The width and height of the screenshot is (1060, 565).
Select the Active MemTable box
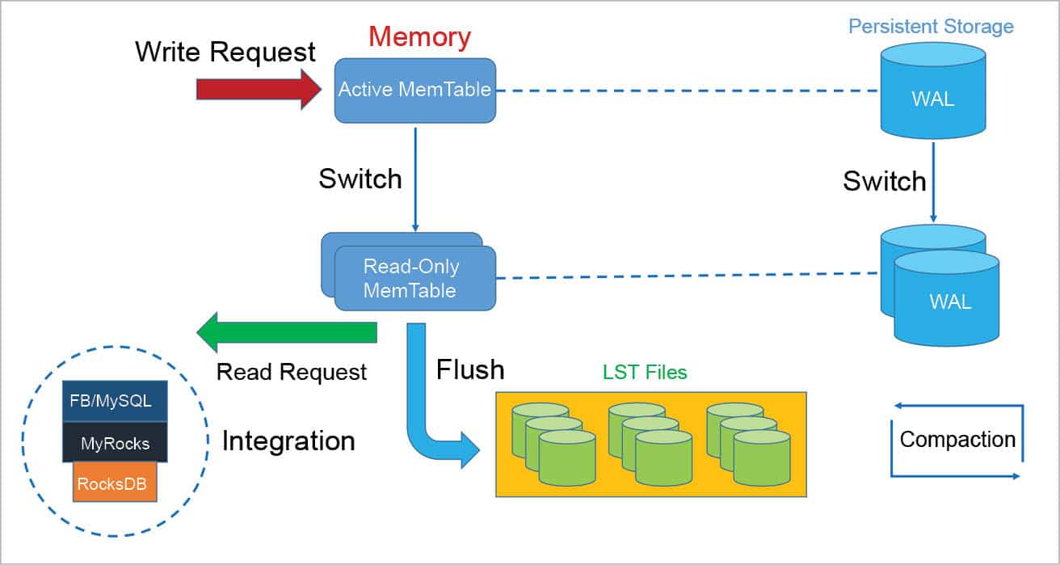[414, 90]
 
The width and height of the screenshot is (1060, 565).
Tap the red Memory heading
[419, 36]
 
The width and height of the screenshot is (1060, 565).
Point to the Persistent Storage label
[931, 26]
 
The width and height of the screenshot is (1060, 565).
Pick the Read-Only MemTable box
[414, 278]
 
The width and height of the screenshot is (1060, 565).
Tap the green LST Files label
[645, 373]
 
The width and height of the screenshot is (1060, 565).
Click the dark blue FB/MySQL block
[115, 399]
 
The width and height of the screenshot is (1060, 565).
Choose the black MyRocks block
[115, 443]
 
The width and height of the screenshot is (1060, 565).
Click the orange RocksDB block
[115, 483]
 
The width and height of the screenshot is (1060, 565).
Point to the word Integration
[288, 441]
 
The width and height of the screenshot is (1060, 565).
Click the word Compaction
[957, 439]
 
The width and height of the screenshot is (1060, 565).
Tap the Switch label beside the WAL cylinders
[885, 181]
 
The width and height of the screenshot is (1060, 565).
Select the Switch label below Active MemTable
[360, 179]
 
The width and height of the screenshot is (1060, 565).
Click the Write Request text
[225, 52]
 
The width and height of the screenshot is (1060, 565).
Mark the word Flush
[470, 369]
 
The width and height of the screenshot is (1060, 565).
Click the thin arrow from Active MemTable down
[414, 178]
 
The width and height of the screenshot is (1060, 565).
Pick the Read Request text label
[292, 372]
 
